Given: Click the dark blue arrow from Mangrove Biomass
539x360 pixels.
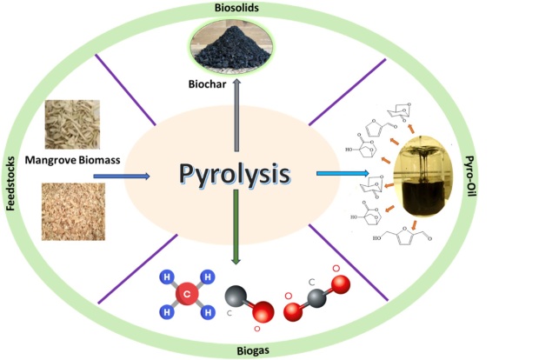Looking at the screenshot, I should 122,177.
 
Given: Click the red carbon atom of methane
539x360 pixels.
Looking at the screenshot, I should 184,294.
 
